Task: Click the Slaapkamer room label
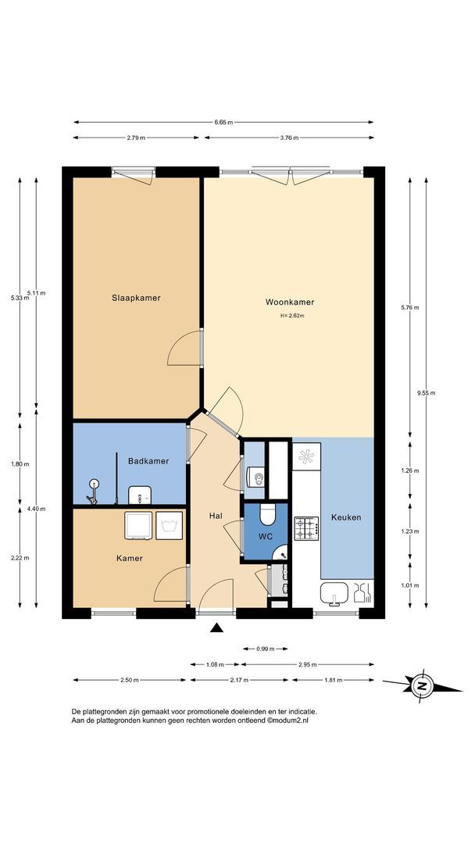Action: coord(136,298)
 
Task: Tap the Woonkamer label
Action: coord(289,302)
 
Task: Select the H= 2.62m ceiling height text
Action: coord(291,316)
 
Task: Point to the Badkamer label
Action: coord(148,461)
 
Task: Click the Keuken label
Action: coord(346,517)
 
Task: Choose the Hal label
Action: coord(216,517)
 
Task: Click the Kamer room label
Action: coord(130,558)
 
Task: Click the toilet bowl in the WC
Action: coord(267,514)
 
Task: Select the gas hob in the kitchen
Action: coord(305,528)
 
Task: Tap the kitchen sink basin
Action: coord(334,592)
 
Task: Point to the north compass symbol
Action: coord(423,687)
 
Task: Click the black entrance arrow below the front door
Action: coord(217,627)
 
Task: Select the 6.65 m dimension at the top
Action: coord(223,123)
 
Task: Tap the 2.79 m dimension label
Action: coord(136,138)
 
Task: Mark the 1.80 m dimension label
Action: coord(20,464)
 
